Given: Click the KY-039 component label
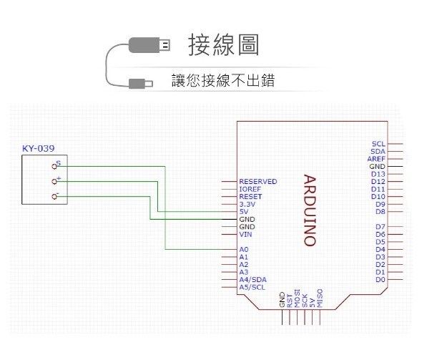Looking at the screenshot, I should coord(39,149).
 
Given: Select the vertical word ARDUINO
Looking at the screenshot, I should coord(309,210).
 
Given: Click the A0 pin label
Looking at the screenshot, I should coord(244,249).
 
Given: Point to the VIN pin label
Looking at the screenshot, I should coord(245,234).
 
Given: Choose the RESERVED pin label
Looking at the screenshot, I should coord(257,182).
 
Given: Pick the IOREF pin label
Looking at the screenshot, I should coord(250,189).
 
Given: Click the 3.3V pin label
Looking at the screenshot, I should coord(247,204).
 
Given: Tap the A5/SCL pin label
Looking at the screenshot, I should coord(252,287).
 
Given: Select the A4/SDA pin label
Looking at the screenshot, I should coord(253,279).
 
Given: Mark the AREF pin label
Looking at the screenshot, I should coord(377,159).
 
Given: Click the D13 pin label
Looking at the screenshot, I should coord(378,174).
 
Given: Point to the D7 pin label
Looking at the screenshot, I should coord(380,227).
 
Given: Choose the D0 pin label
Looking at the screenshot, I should coord(380,279).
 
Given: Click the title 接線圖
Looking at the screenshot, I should coord(223,45).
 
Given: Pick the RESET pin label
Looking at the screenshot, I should coord(250,197).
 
